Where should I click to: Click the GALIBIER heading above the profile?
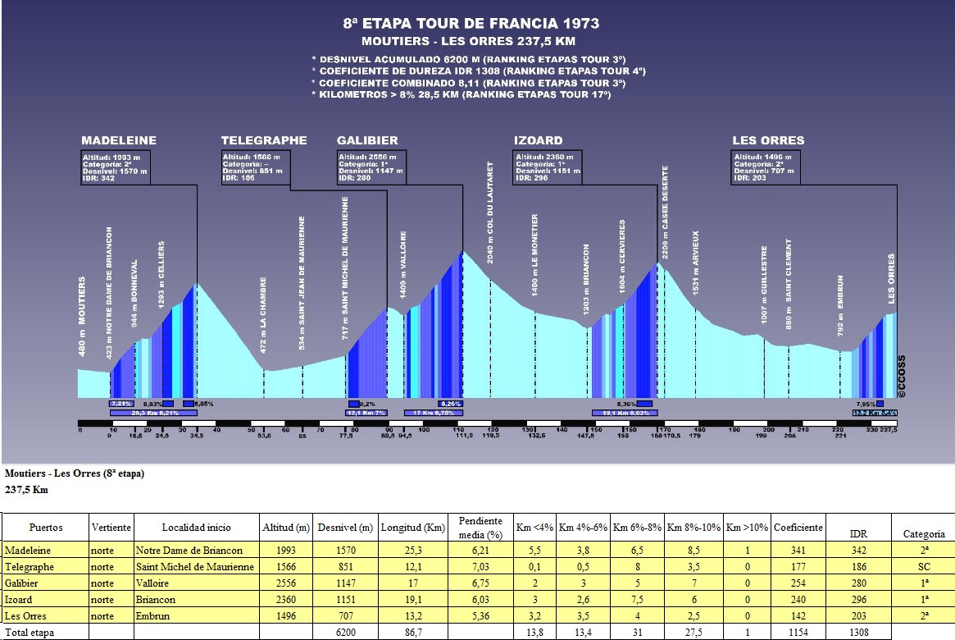tap(367, 140)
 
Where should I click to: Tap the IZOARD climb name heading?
tap(538, 140)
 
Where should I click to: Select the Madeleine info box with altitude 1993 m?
tap(115, 167)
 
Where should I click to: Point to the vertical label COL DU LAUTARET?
tap(490, 212)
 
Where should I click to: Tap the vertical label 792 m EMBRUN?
tap(840, 304)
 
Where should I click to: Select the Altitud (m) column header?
tap(286, 528)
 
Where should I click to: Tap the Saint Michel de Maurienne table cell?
tap(196, 567)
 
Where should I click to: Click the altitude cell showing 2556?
tap(286, 583)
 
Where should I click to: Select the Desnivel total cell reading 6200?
tap(345, 633)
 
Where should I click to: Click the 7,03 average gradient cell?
tap(480, 567)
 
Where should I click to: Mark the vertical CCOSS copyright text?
tap(901, 376)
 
